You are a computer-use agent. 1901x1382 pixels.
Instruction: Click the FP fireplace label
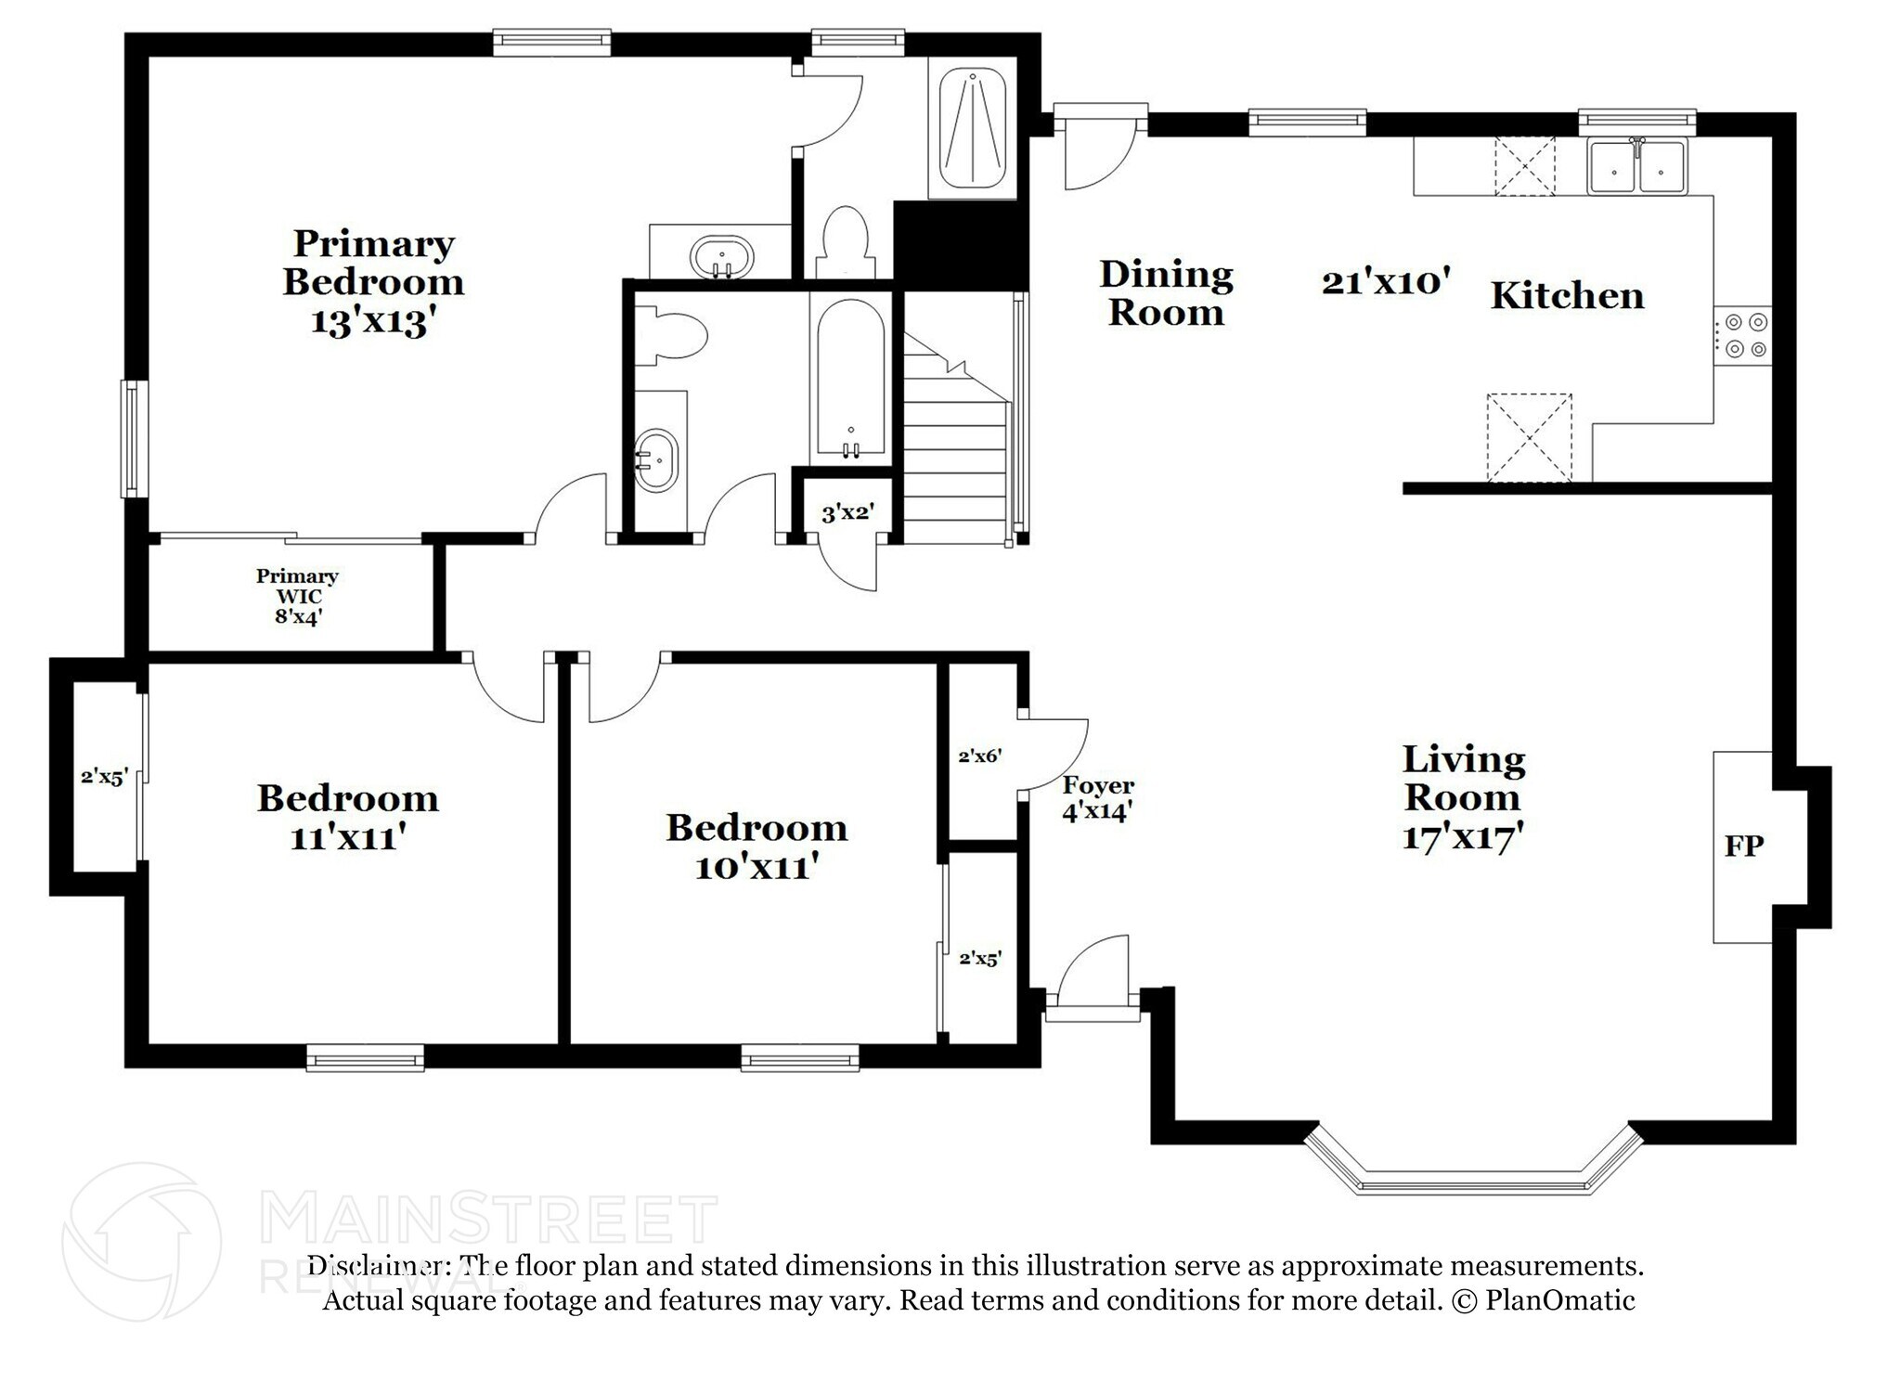point(1743,846)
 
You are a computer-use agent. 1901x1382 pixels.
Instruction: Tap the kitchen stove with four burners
point(1742,335)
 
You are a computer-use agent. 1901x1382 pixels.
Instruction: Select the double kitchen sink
point(1636,166)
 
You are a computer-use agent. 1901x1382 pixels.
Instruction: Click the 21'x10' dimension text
point(1385,280)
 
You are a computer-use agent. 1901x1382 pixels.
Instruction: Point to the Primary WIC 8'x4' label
point(297,596)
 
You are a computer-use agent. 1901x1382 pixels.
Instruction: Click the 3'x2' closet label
point(847,511)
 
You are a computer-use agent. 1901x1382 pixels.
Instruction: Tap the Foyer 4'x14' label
point(1098,798)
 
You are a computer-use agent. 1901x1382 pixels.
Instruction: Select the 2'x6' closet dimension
point(980,756)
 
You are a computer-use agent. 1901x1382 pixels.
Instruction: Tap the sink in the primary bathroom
point(721,254)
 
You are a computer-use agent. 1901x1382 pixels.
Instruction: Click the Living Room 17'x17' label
point(1463,797)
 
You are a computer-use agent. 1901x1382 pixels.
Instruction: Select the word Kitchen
point(1567,296)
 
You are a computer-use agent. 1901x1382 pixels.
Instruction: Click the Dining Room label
point(1166,292)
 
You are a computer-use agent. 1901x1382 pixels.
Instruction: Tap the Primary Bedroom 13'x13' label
point(372,281)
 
